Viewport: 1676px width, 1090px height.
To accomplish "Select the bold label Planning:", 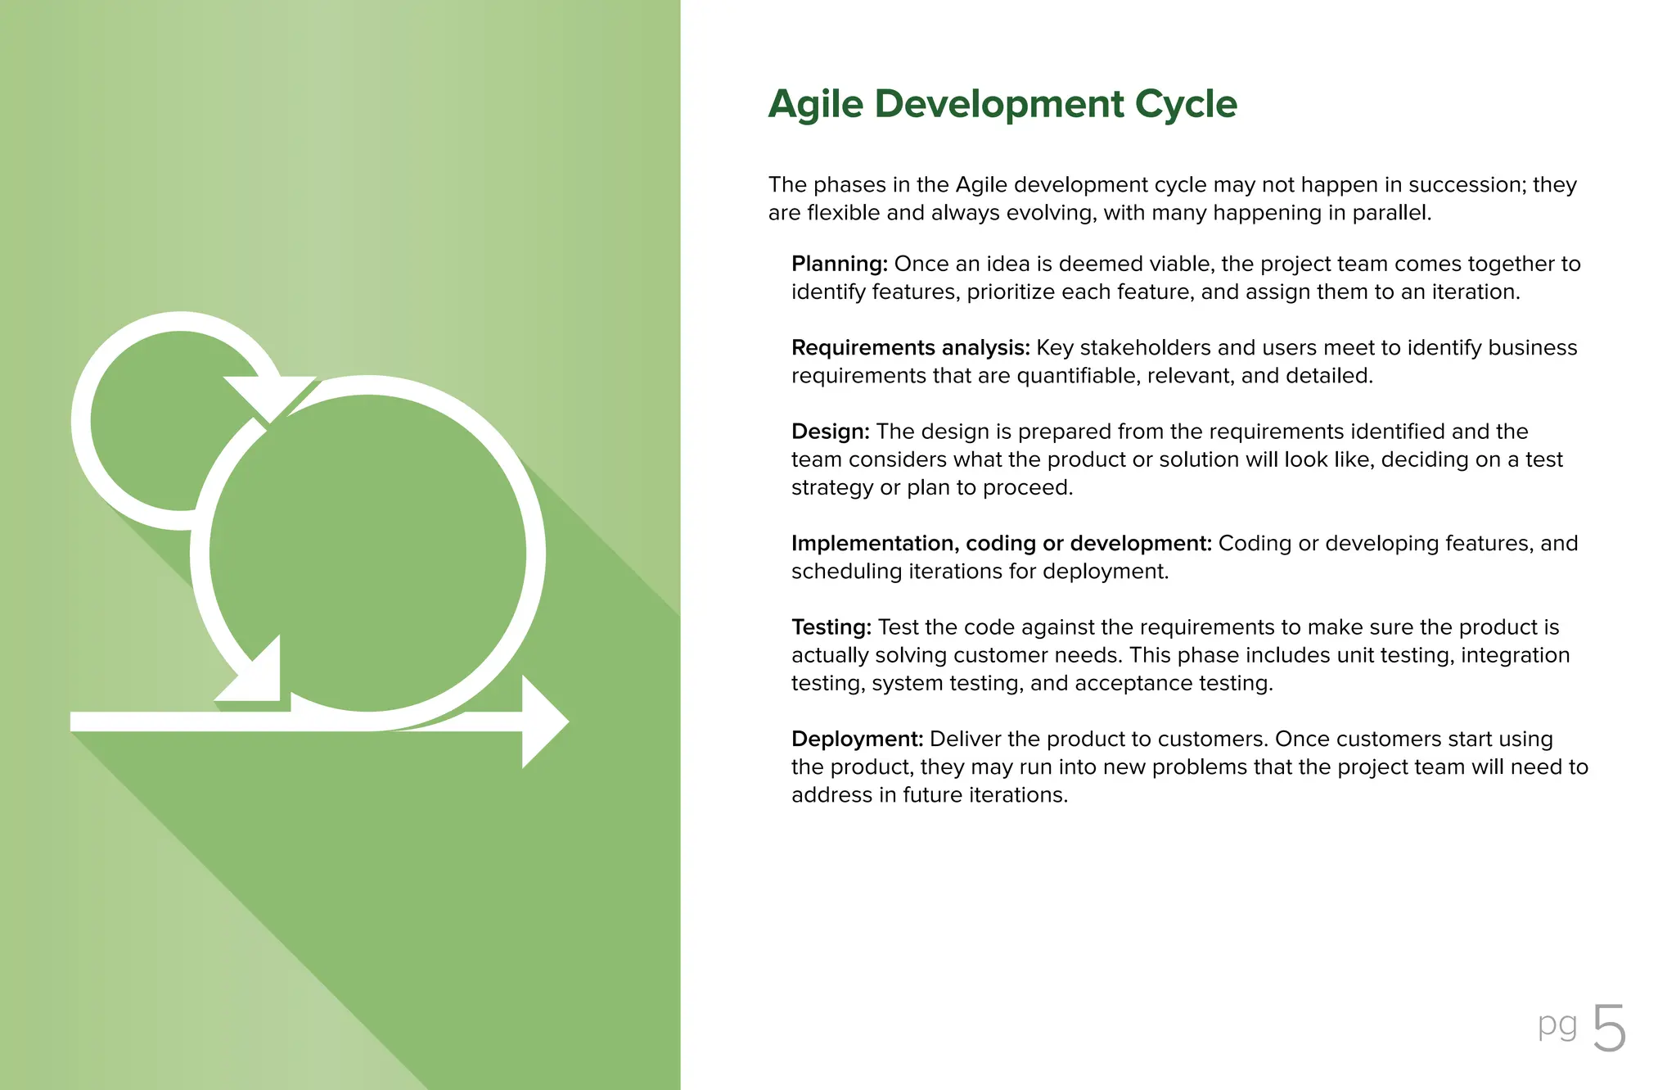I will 839,265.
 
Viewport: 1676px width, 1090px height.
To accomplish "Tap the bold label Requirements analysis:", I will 909,348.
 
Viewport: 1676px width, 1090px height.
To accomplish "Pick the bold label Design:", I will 830,432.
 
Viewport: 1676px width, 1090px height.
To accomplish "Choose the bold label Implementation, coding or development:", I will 1000,544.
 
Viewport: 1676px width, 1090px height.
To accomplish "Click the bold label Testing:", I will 831,627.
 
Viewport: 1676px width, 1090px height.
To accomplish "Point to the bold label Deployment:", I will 857,739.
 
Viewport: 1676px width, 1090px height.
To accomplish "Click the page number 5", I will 1609,1029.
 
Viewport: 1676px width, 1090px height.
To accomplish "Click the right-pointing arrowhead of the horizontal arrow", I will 543,721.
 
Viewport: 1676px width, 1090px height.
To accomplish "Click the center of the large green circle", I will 368,553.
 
